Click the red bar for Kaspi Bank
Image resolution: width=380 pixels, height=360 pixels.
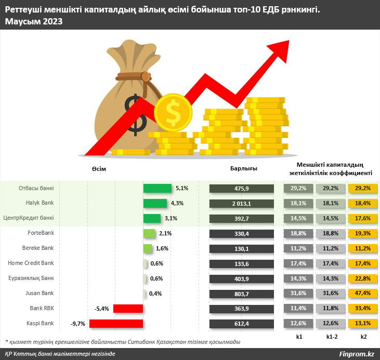[x=116, y=324]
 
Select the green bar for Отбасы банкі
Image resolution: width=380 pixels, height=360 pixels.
[x=158, y=188]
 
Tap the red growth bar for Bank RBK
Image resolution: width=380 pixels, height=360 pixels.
[x=128, y=309]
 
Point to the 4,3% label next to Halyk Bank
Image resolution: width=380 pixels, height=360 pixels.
[x=176, y=203]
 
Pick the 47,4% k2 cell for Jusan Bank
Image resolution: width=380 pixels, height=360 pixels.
[x=362, y=294]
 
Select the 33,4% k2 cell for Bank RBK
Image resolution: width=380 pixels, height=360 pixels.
[x=362, y=309]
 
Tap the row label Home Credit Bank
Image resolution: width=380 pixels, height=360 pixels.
[x=31, y=263]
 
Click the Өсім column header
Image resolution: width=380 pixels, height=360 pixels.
[x=98, y=168]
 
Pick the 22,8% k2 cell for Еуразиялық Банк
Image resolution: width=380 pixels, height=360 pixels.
[x=362, y=278]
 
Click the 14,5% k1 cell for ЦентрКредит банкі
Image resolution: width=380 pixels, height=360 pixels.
[x=299, y=218]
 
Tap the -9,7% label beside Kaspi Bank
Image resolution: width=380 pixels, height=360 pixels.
[x=79, y=324]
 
